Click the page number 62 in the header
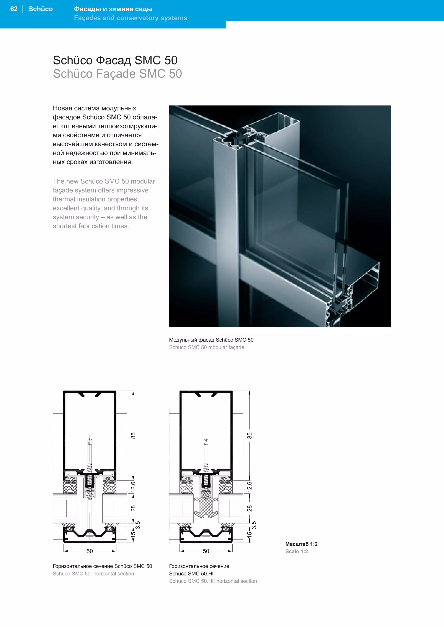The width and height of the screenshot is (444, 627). (x=14, y=9)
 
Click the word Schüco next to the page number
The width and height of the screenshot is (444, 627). (x=41, y=9)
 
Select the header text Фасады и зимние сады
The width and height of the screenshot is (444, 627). (x=113, y=9)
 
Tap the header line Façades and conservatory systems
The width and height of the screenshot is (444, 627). (x=131, y=18)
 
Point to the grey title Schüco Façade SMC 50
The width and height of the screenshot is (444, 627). (x=117, y=74)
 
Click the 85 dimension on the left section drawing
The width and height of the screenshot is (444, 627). (x=133, y=436)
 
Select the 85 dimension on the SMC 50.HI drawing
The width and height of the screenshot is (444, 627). (x=249, y=436)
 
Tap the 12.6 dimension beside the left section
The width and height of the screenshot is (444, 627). (x=133, y=487)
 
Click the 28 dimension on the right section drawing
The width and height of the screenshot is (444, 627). (x=249, y=508)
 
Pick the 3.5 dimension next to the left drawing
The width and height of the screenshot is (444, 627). (x=138, y=525)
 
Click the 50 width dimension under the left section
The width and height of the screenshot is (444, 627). (x=90, y=551)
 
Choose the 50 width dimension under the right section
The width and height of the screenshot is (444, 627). (x=206, y=551)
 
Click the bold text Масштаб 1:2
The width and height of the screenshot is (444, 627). (x=301, y=544)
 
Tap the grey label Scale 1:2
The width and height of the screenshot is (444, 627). (x=296, y=551)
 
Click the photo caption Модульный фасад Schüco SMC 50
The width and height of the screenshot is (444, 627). (x=211, y=340)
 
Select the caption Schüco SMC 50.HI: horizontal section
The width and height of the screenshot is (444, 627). (x=213, y=581)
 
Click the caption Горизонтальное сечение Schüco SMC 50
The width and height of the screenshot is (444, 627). (x=102, y=566)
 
